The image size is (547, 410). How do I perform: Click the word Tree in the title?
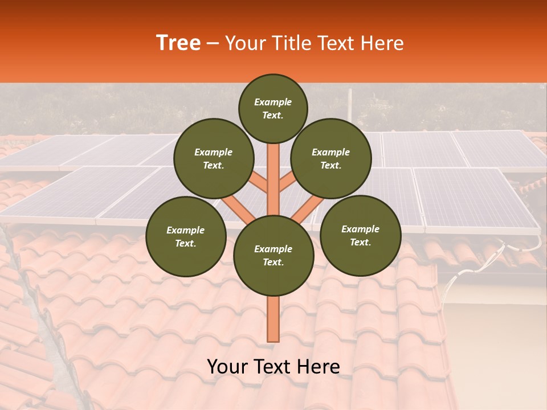click(178, 43)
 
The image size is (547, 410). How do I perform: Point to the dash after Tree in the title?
click(213, 44)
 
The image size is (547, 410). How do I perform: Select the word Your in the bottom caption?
click(228, 367)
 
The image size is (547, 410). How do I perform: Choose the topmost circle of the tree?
click(273, 108)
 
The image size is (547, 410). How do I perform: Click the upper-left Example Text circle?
click(213, 158)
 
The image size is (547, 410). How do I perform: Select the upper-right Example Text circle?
click(330, 158)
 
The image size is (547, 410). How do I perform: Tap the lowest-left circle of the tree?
click(185, 236)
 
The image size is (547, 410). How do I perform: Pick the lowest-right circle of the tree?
click(360, 235)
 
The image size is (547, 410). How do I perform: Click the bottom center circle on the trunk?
click(273, 255)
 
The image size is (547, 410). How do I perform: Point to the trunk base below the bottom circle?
click(273, 319)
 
